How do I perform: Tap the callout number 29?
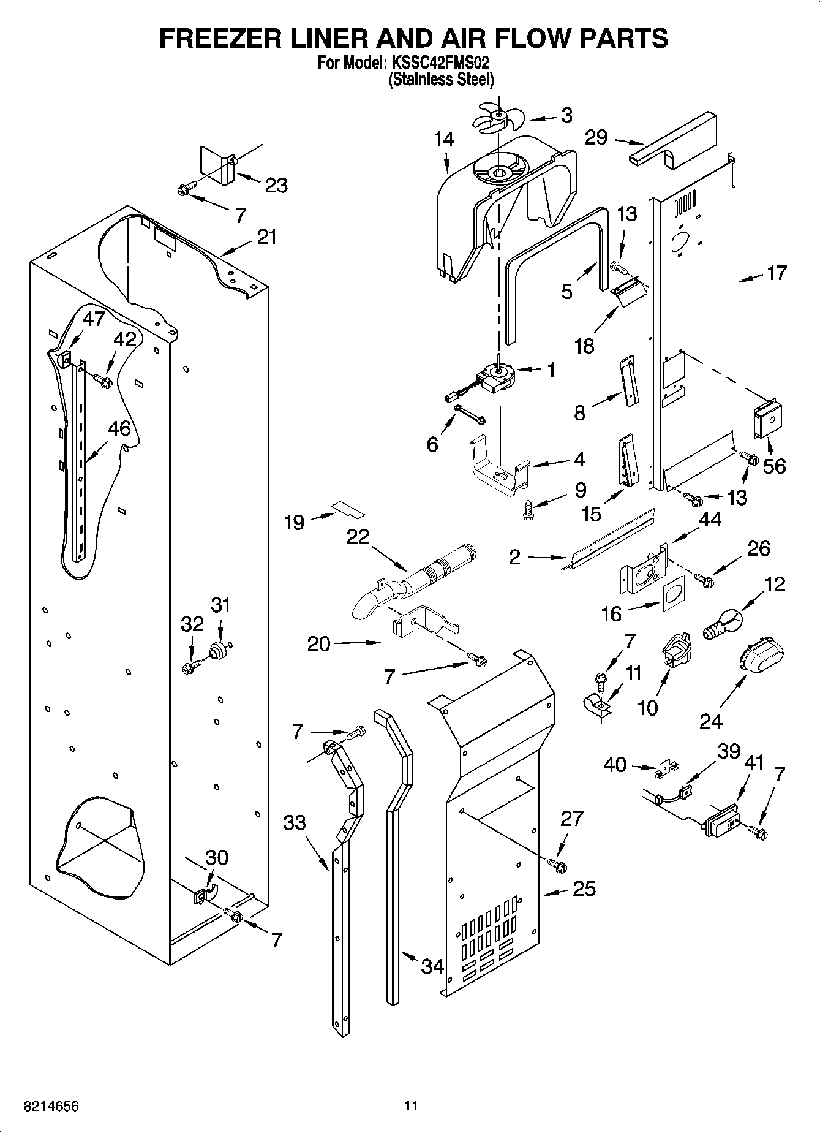596,138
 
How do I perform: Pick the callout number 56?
774,466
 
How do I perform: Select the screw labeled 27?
557,866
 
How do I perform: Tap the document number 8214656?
51,1105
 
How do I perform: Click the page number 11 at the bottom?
411,1105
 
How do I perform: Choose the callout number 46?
119,428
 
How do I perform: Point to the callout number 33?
295,822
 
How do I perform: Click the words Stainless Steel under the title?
441,79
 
